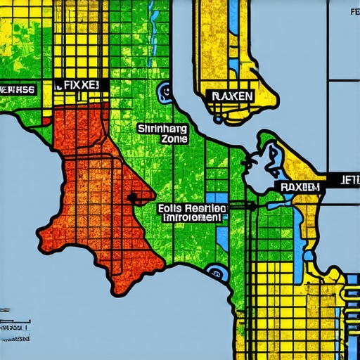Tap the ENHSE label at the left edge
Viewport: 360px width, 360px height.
click(x=18, y=89)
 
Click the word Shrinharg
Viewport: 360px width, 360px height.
click(x=163, y=129)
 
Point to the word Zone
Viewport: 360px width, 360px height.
click(x=173, y=139)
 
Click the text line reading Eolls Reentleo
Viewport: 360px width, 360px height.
click(x=192, y=209)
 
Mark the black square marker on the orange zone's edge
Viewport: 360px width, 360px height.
click(x=131, y=198)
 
